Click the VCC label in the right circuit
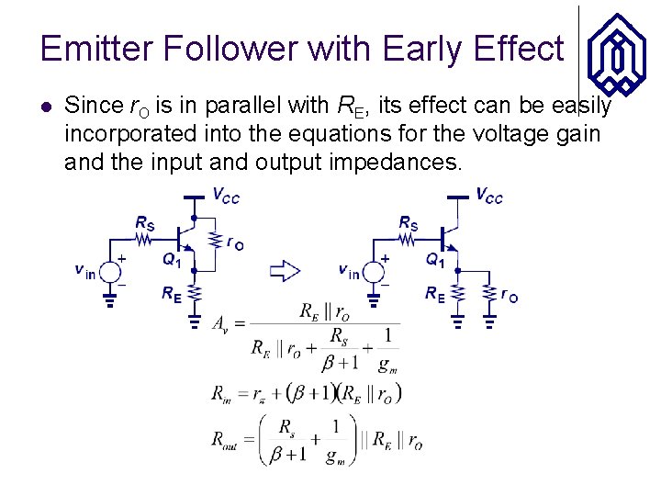(489, 197)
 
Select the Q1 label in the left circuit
(172, 260)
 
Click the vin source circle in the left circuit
(111, 272)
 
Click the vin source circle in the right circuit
(374, 272)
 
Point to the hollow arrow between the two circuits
(286, 270)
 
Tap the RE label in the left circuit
(171, 294)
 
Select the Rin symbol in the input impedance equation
(221, 395)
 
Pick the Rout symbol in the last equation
(226, 442)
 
